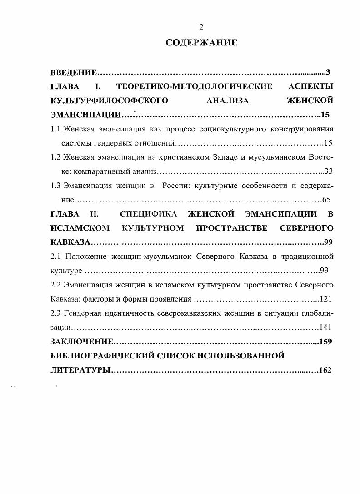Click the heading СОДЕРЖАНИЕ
(x=201, y=43)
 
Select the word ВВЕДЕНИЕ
(x=73, y=72)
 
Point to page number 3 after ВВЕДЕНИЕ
(x=328, y=72)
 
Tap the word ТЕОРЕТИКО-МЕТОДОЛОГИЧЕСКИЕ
(x=195, y=86)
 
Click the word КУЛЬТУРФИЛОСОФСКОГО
(x=109, y=100)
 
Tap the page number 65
(x=326, y=200)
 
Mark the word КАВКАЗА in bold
(x=71, y=242)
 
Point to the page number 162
(x=325, y=370)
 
